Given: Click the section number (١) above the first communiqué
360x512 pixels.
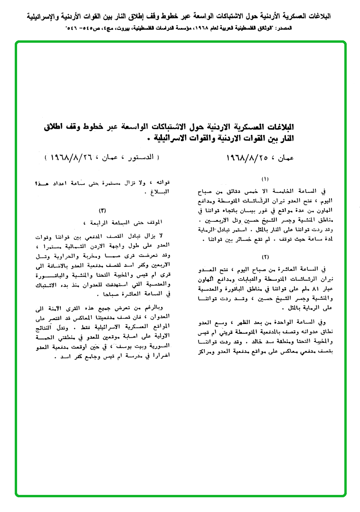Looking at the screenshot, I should coord(265,179).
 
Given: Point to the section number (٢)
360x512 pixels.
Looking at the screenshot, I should coord(265,256).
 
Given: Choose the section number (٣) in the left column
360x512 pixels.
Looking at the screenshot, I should coord(102,210).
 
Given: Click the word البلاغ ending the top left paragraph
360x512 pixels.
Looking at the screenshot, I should coord(160,194).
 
